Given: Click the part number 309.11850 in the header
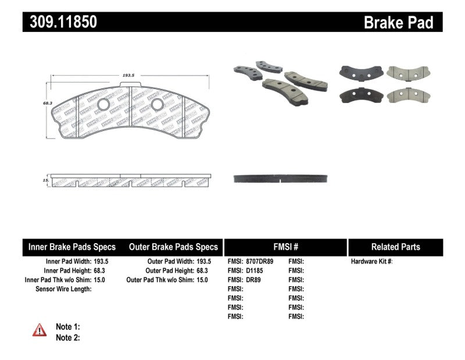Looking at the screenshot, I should pyautogui.click(x=60, y=22).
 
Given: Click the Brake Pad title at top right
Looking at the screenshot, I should pyautogui.click(x=398, y=23).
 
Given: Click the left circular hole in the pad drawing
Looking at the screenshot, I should pyautogui.click(x=103, y=105).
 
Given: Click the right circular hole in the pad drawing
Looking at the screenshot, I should pyautogui.click(x=157, y=104).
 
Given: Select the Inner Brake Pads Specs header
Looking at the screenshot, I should pyautogui.click(x=72, y=247).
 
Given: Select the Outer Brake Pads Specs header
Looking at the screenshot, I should pyautogui.click(x=173, y=247).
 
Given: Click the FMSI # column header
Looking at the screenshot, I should pyautogui.click(x=285, y=247).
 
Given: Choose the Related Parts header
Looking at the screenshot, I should pyautogui.click(x=396, y=247).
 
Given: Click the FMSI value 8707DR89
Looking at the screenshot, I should pyautogui.click(x=260, y=262).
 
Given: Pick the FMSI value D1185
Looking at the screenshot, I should pyautogui.click(x=254, y=270).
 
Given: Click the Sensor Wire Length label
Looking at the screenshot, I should pyautogui.click(x=63, y=288).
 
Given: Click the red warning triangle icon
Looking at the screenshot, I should pyautogui.click(x=40, y=330).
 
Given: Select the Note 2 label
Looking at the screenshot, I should pyautogui.click(x=67, y=337).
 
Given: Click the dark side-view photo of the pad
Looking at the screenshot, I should pyautogui.click(x=282, y=179).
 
